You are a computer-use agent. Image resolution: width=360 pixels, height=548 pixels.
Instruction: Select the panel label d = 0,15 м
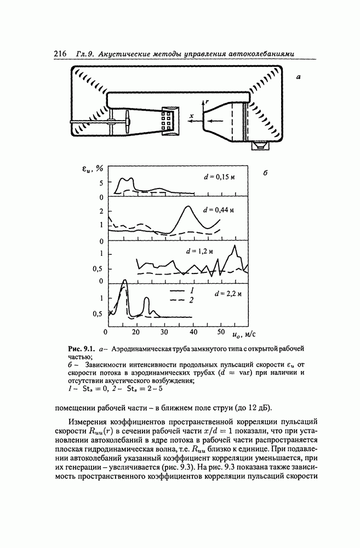[218, 177]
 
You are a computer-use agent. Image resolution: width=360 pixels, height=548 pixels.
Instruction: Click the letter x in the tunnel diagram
[191, 116]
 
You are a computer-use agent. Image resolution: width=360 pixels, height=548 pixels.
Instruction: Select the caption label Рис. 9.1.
[82, 349]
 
